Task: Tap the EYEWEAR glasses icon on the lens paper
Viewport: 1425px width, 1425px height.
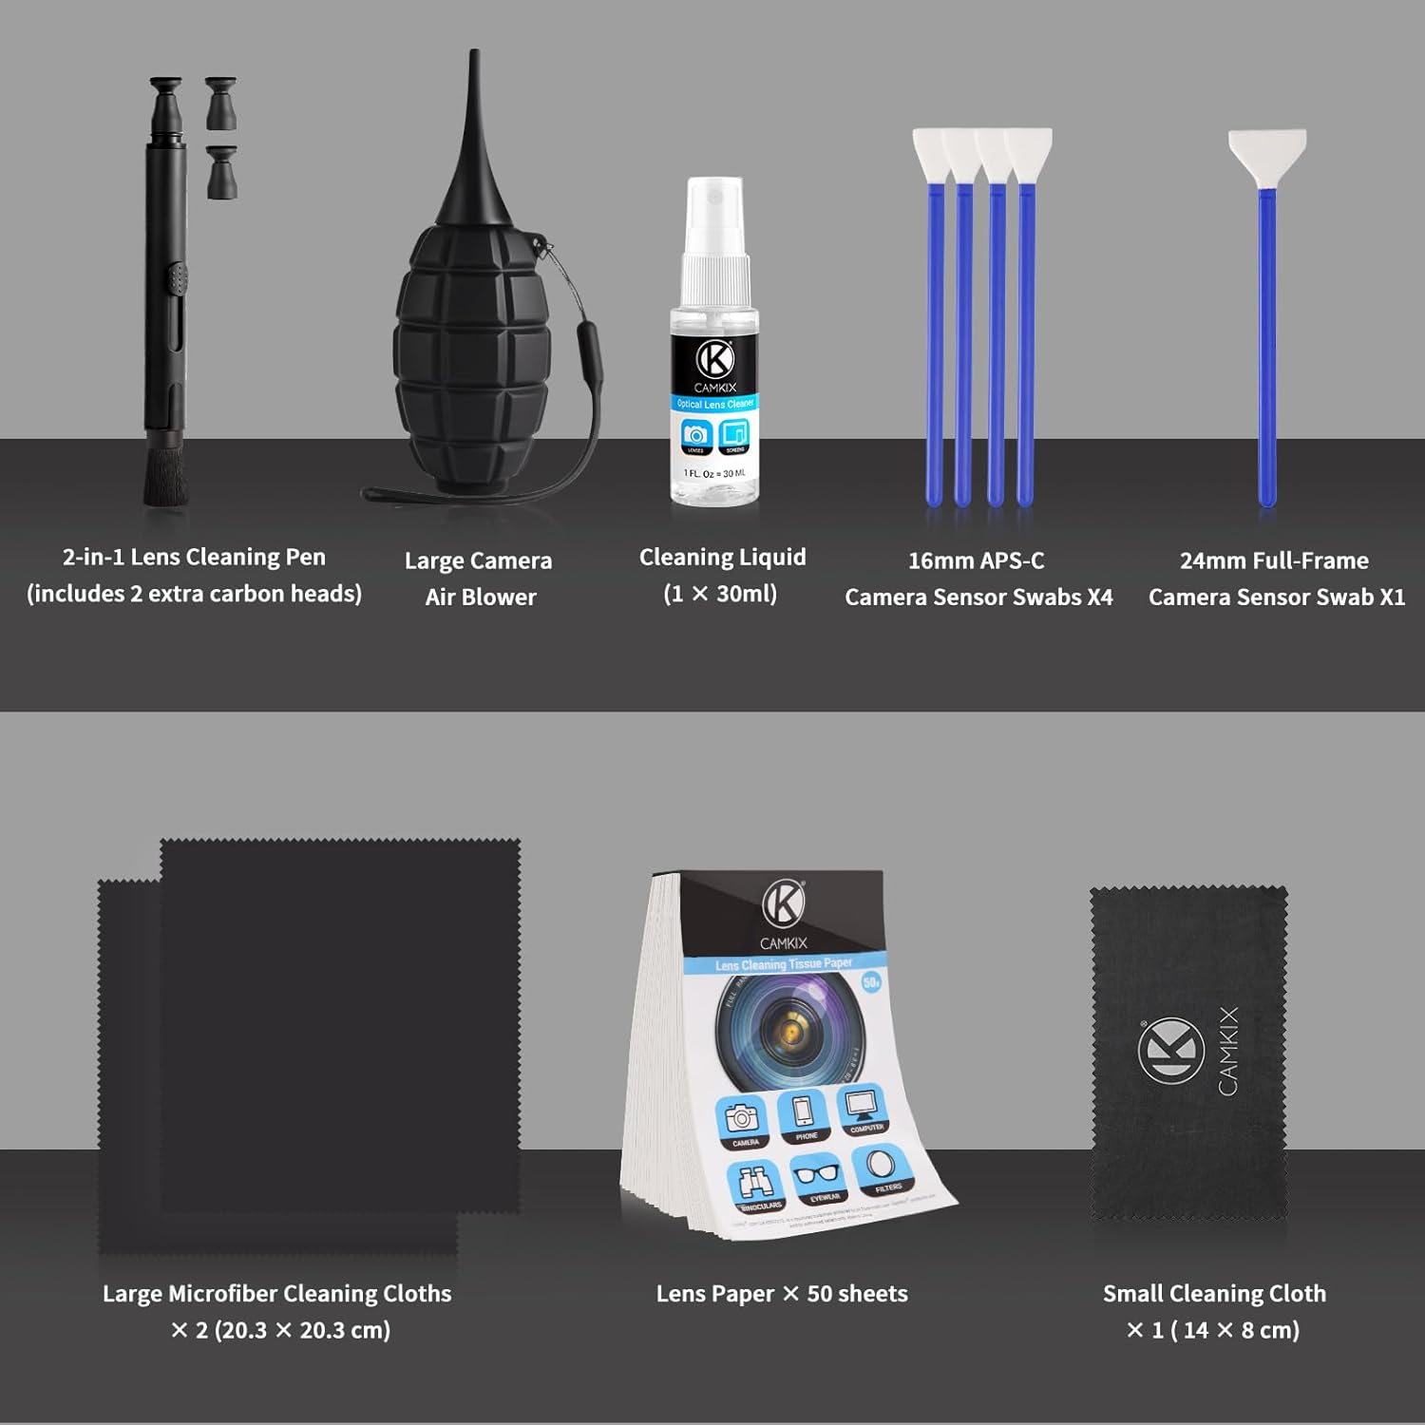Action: (x=818, y=1177)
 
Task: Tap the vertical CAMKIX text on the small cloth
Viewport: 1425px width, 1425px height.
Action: (x=1228, y=1051)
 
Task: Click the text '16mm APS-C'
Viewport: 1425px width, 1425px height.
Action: (x=976, y=560)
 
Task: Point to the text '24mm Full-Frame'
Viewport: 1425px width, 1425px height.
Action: (x=1274, y=560)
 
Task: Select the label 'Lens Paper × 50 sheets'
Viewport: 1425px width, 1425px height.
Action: (x=782, y=1294)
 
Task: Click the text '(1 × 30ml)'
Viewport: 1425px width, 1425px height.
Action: (x=720, y=594)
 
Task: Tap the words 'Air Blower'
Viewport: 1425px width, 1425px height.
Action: (x=481, y=597)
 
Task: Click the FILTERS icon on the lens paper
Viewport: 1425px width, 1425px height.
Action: (x=882, y=1169)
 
